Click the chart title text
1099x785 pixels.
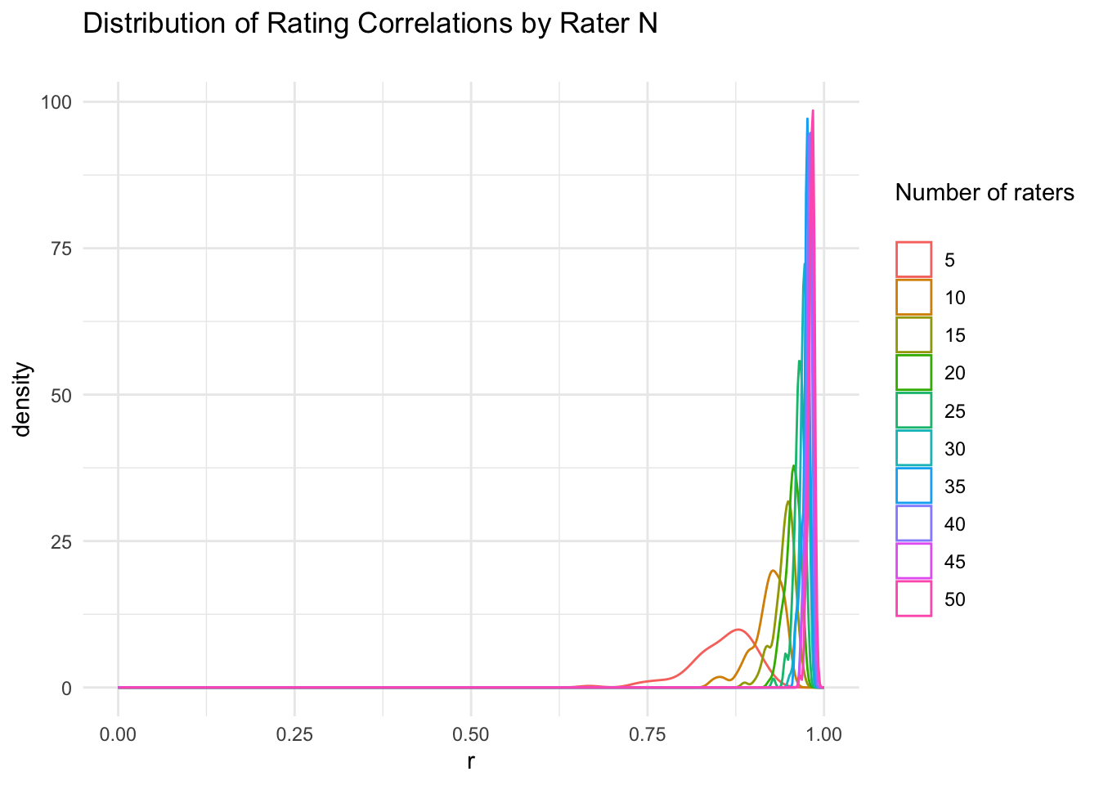coord(370,25)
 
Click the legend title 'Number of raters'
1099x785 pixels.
coord(985,193)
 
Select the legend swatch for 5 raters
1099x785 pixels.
coord(913,260)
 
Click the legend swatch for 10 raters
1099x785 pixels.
coord(913,298)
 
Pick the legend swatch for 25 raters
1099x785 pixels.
coord(913,410)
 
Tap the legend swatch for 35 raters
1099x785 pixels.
coord(913,486)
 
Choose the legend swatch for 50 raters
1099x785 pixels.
coord(913,599)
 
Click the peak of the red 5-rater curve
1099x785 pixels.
coord(738,629)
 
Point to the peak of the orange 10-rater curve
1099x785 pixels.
coord(773,571)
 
